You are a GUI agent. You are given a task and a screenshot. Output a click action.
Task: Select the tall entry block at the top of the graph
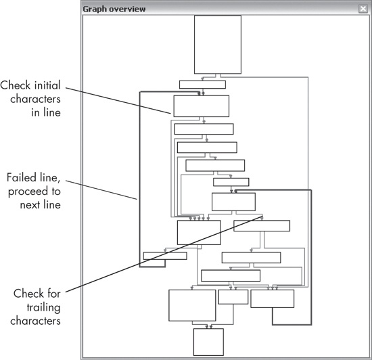click(217, 44)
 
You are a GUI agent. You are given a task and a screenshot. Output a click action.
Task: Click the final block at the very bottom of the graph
click(208, 342)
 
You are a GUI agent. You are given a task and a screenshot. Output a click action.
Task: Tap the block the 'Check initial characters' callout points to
click(201, 106)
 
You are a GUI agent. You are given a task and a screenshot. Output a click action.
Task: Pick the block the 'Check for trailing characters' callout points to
click(261, 226)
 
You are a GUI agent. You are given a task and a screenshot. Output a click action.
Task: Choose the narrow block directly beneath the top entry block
click(202, 85)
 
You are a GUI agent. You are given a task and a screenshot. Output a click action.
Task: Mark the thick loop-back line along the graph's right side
click(310, 257)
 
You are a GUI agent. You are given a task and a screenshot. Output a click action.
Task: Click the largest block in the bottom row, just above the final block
click(191, 305)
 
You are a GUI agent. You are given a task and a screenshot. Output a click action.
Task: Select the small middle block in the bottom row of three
click(233, 297)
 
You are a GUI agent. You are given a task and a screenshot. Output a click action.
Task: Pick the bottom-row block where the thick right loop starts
click(272, 299)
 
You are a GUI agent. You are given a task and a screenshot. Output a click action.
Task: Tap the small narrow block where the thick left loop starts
click(165, 256)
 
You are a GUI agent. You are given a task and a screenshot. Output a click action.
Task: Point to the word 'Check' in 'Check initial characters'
click(16, 86)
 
